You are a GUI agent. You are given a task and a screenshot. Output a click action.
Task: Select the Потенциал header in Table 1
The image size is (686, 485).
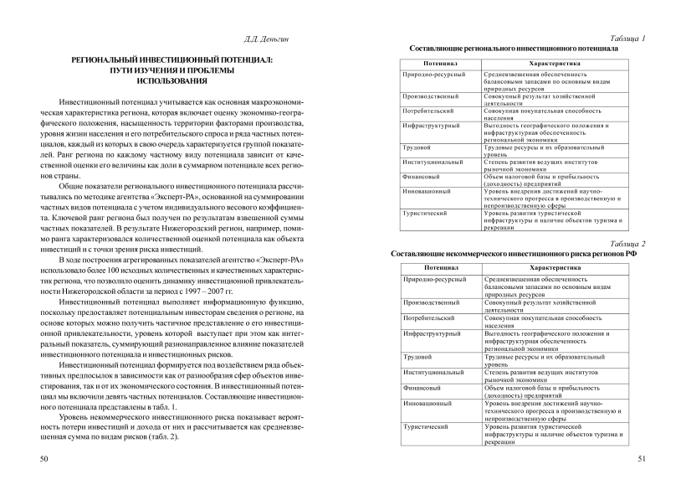pos(440,64)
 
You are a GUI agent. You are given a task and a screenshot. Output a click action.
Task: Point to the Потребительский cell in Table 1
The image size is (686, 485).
pos(427,110)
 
